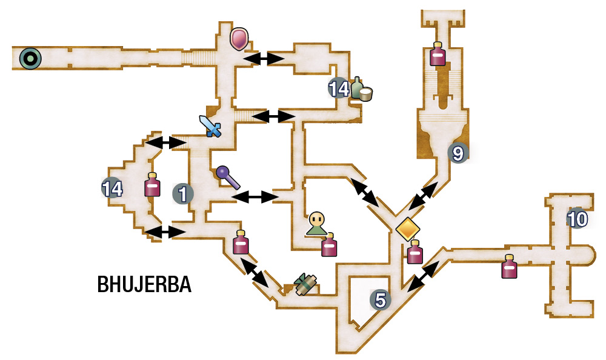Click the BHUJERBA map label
(x=144, y=285)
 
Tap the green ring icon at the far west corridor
(x=30, y=59)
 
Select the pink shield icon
(x=239, y=39)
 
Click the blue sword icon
(x=210, y=126)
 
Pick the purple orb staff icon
(x=228, y=177)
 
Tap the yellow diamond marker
(x=408, y=229)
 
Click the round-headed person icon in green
(x=316, y=224)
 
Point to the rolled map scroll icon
(x=305, y=285)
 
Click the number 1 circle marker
(x=183, y=193)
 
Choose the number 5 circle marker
(x=381, y=299)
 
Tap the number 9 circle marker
(x=458, y=153)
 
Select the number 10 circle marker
(x=578, y=219)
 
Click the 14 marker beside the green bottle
(x=339, y=88)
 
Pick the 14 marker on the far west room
(x=112, y=188)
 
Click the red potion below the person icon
(x=329, y=245)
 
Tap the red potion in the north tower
(x=438, y=54)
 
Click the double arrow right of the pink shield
(x=264, y=58)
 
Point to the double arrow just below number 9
(x=423, y=196)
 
